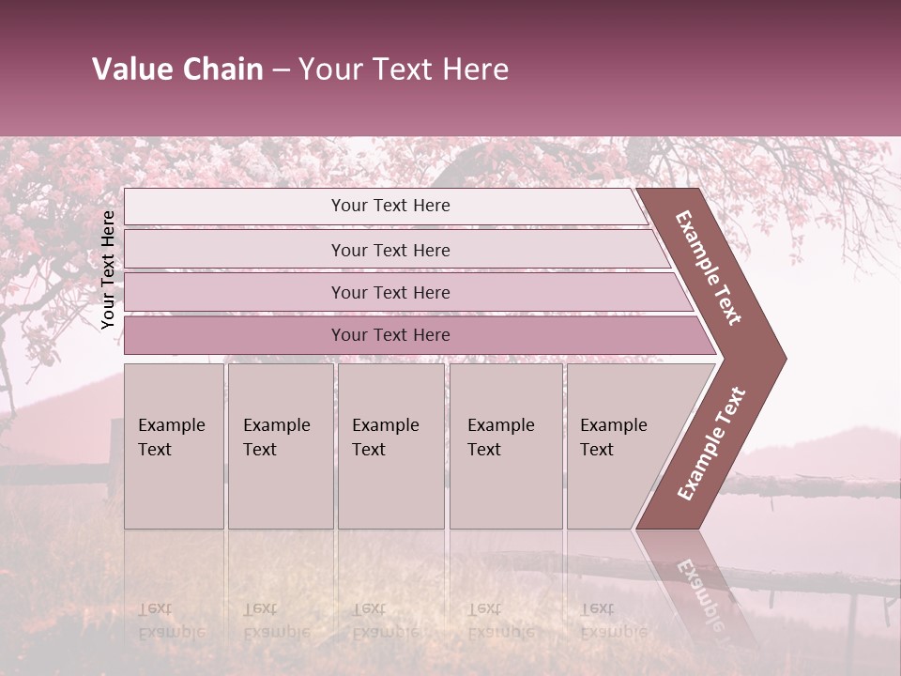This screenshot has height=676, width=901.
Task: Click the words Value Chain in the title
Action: [x=177, y=69]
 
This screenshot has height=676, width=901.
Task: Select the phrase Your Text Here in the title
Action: [x=404, y=69]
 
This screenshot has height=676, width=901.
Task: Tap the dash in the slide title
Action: [x=281, y=70]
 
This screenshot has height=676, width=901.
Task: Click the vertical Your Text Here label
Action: [x=108, y=269]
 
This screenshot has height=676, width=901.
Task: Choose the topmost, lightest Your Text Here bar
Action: [x=389, y=206]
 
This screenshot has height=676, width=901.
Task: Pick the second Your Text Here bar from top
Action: [x=389, y=250]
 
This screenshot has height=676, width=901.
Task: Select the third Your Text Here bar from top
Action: [x=389, y=292]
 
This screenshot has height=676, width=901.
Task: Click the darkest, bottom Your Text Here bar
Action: [x=389, y=335]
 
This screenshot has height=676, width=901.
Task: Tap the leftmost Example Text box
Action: [x=174, y=446]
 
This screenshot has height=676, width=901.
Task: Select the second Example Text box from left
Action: [x=280, y=446]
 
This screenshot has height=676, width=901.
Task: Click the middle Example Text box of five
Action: [x=390, y=446]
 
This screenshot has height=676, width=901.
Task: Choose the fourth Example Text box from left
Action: [x=505, y=446]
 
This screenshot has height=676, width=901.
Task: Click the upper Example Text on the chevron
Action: [x=710, y=267]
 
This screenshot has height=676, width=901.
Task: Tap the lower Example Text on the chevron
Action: [x=711, y=444]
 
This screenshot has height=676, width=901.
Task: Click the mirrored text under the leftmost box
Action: [x=172, y=620]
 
